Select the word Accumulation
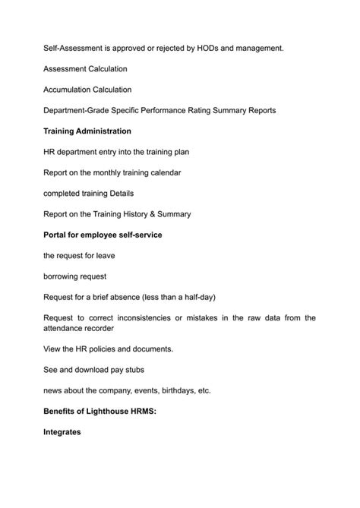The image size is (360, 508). coord(71,90)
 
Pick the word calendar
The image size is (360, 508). coord(163,172)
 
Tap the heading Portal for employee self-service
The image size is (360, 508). coord(103,235)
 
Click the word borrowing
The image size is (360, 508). coord(64,276)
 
